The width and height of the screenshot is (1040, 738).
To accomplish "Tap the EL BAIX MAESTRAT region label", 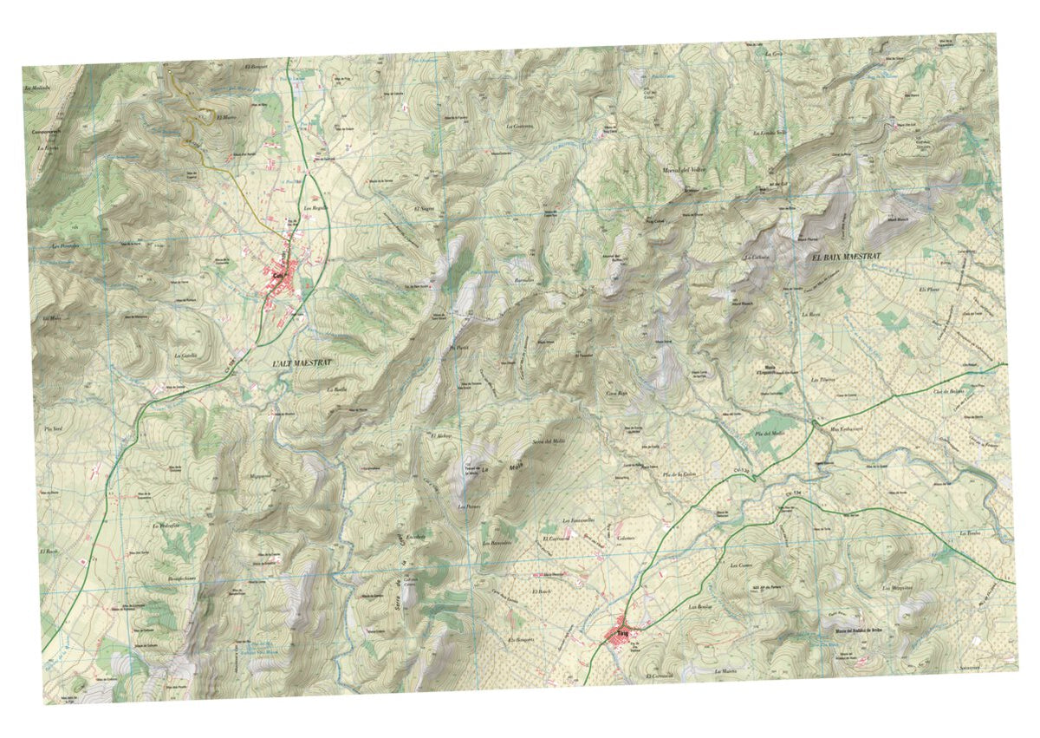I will [845, 258].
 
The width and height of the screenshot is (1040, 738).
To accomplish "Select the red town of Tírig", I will [621, 634].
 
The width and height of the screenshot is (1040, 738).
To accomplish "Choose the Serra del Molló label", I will [549, 442].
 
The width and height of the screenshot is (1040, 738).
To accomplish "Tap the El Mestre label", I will [226, 116].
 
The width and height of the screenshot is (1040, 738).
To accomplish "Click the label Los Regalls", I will [314, 209].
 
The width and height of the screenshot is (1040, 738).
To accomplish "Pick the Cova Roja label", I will [616, 393].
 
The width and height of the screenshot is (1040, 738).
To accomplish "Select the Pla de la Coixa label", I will [680, 473].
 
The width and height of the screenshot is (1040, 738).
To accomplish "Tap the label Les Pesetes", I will [65, 246].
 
